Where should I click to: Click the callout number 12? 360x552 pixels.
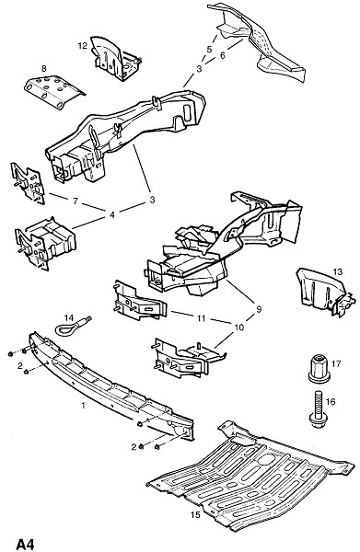click(x=83, y=46)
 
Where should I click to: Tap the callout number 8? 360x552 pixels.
click(x=44, y=68)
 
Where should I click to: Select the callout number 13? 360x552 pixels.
click(x=338, y=271)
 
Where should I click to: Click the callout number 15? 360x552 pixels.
click(x=195, y=514)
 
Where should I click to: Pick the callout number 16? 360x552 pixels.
click(x=331, y=401)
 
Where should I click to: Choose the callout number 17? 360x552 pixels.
click(x=336, y=363)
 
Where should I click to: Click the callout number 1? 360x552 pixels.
click(x=83, y=406)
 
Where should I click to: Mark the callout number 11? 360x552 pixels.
click(x=201, y=318)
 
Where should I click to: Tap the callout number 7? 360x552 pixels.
click(x=75, y=201)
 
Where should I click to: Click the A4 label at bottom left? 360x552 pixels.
click(x=26, y=545)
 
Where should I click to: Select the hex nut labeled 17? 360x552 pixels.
click(x=319, y=369)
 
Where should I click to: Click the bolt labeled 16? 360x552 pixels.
click(x=318, y=409)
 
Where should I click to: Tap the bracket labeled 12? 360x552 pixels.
click(x=114, y=59)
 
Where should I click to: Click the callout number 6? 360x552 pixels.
click(x=222, y=55)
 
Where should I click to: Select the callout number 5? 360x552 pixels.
click(x=209, y=50)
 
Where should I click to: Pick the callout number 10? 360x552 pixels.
click(x=238, y=328)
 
